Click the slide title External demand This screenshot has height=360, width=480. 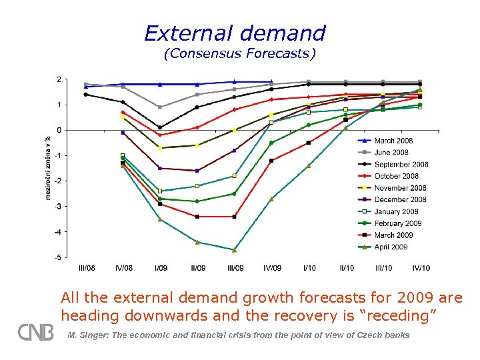tap(235, 33)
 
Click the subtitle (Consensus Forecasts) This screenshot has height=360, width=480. tap(239, 53)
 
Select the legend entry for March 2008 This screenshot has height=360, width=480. tap(393, 141)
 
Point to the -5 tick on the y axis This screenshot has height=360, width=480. tap(59, 257)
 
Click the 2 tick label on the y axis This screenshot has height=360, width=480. tap(59, 79)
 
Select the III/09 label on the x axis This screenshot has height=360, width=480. tap(235, 268)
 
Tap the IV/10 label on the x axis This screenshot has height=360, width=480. tap(421, 268)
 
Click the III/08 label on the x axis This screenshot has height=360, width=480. tap(87, 268)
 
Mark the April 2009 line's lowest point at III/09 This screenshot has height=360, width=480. tap(235, 250)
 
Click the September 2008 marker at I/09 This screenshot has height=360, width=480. tap(160, 127)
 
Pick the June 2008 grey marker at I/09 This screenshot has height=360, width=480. tap(160, 107)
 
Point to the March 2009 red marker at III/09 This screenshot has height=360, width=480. tap(235, 217)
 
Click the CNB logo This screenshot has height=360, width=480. tap(35, 332)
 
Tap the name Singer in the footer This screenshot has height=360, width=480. tap(96, 335)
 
